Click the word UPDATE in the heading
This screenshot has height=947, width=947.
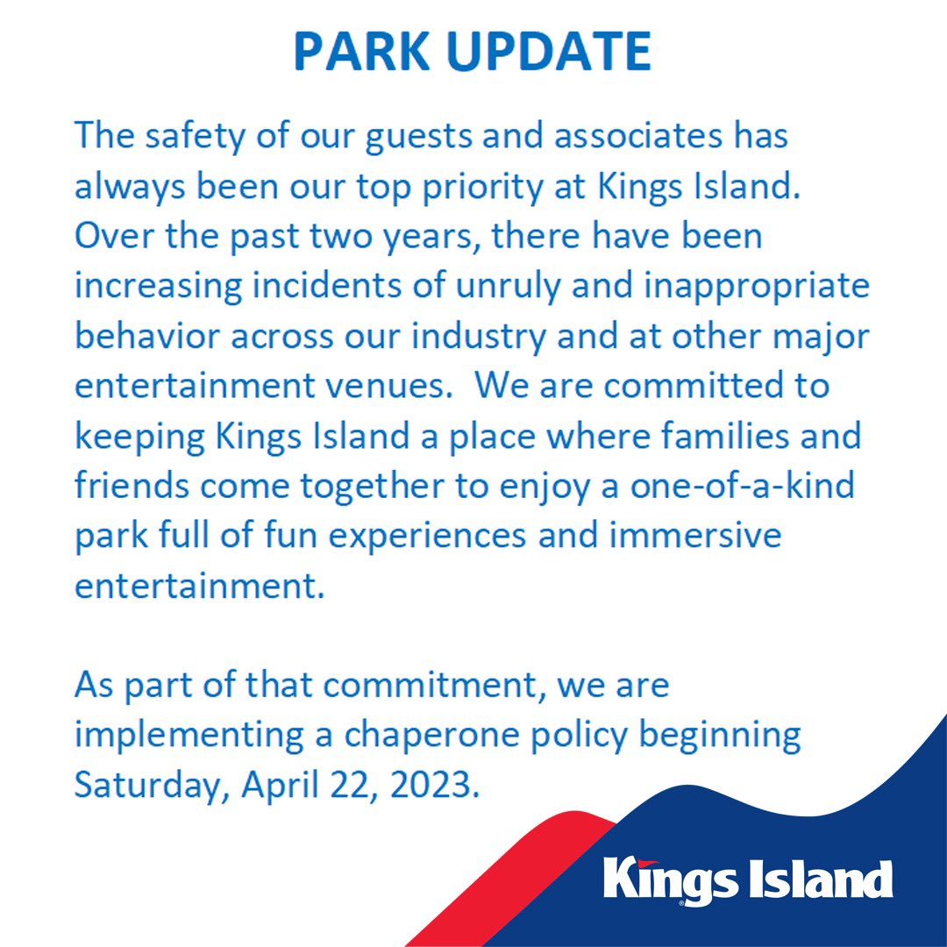(548, 51)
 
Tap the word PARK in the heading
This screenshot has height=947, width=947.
(361, 51)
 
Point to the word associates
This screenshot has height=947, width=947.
(637, 135)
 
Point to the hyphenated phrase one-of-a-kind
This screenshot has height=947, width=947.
(743, 486)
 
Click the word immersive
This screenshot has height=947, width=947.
(694, 536)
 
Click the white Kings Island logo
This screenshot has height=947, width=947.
(748, 880)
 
